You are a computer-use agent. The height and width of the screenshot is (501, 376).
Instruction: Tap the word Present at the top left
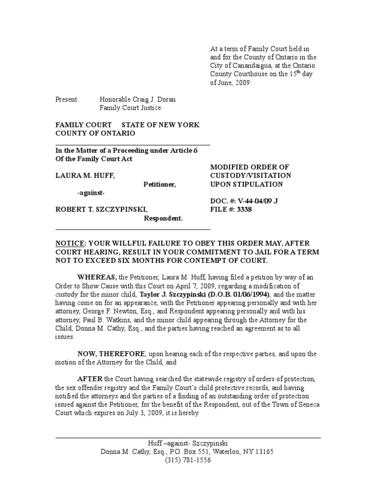pyautogui.click(x=67, y=99)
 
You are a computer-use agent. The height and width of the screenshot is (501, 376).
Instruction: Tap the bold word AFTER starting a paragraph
pyautogui.click(x=90, y=379)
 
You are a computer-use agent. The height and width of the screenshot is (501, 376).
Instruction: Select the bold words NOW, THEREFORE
pyautogui.click(x=111, y=354)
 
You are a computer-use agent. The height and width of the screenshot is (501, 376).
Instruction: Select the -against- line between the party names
pyautogui.click(x=91, y=193)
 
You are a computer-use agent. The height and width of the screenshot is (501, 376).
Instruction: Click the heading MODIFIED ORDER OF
pyautogui.click(x=250, y=167)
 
